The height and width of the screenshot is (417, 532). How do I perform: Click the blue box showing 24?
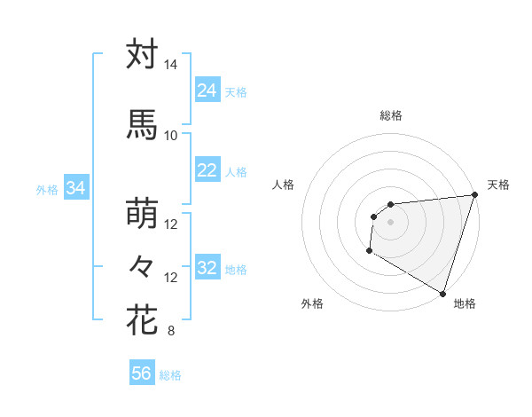[207, 90]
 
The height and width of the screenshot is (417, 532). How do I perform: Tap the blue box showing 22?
[207, 170]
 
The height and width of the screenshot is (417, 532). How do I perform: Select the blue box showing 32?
[207, 268]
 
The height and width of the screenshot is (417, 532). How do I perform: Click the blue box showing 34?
[75, 188]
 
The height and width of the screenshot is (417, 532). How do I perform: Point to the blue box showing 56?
[142, 374]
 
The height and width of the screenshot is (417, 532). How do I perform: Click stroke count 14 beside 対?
[170, 65]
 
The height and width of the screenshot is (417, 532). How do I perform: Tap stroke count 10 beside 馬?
[170, 135]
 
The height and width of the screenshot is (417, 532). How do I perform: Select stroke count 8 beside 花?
[170, 332]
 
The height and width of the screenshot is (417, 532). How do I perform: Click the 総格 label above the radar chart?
[390, 115]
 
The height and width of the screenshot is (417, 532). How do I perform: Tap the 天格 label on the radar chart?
[498, 185]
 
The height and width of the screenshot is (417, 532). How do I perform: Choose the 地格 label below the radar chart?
[465, 303]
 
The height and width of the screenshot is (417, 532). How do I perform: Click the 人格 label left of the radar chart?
[284, 185]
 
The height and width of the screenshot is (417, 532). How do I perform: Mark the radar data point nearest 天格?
[474, 195]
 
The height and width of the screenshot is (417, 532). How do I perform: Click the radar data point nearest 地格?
[442, 293]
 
